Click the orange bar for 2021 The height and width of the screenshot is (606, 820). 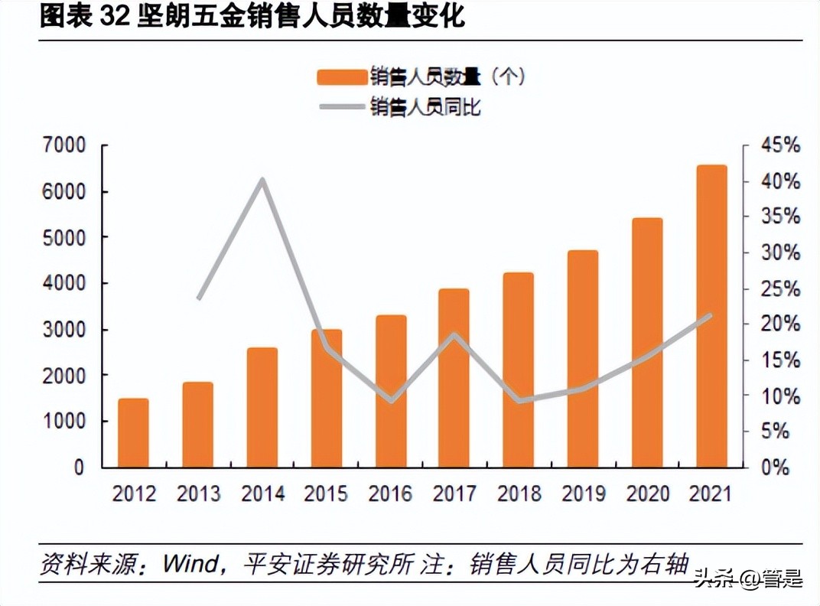click(x=711, y=316)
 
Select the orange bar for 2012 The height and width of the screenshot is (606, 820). click(x=133, y=433)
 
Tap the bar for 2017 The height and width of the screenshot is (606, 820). click(x=454, y=378)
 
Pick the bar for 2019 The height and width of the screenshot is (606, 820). click(x=583, y=359)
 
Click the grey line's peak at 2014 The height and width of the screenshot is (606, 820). click(x=262, y=181)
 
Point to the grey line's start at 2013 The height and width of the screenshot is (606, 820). click(x=198, y=298)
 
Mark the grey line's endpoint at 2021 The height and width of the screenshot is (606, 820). click(x=711, y=314)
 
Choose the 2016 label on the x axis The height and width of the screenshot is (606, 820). click(x=390, y=494)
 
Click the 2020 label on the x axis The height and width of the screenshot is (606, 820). click(x=647, y=494)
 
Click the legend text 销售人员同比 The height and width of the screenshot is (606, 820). click(x=425, y=107)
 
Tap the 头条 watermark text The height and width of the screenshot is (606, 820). click(x=712, y=579)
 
